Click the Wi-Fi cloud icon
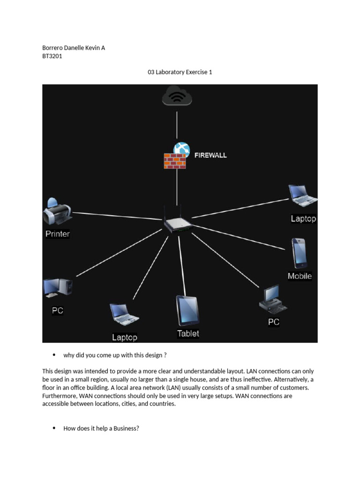[177, 97]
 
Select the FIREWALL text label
[210, 155]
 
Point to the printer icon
[57, 211]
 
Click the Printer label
[58, 234]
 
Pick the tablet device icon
[187, 310]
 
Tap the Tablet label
[188, 334]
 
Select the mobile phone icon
[299, 253]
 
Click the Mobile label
[300, 276]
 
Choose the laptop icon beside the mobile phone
[303, 195]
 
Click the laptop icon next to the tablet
[124, 315]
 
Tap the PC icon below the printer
[57, 288]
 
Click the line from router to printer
[117, 216]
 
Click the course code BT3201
[52, 56]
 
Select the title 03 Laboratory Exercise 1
[180, 72]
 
